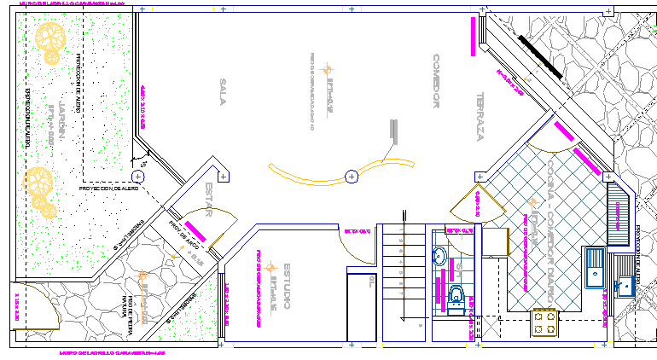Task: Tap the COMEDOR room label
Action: [434, 81]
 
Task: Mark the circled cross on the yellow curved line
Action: [351, 177]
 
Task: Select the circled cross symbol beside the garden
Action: [138, 177]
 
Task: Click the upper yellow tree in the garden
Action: [50, 40]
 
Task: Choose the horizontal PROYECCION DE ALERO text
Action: [108, 188]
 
